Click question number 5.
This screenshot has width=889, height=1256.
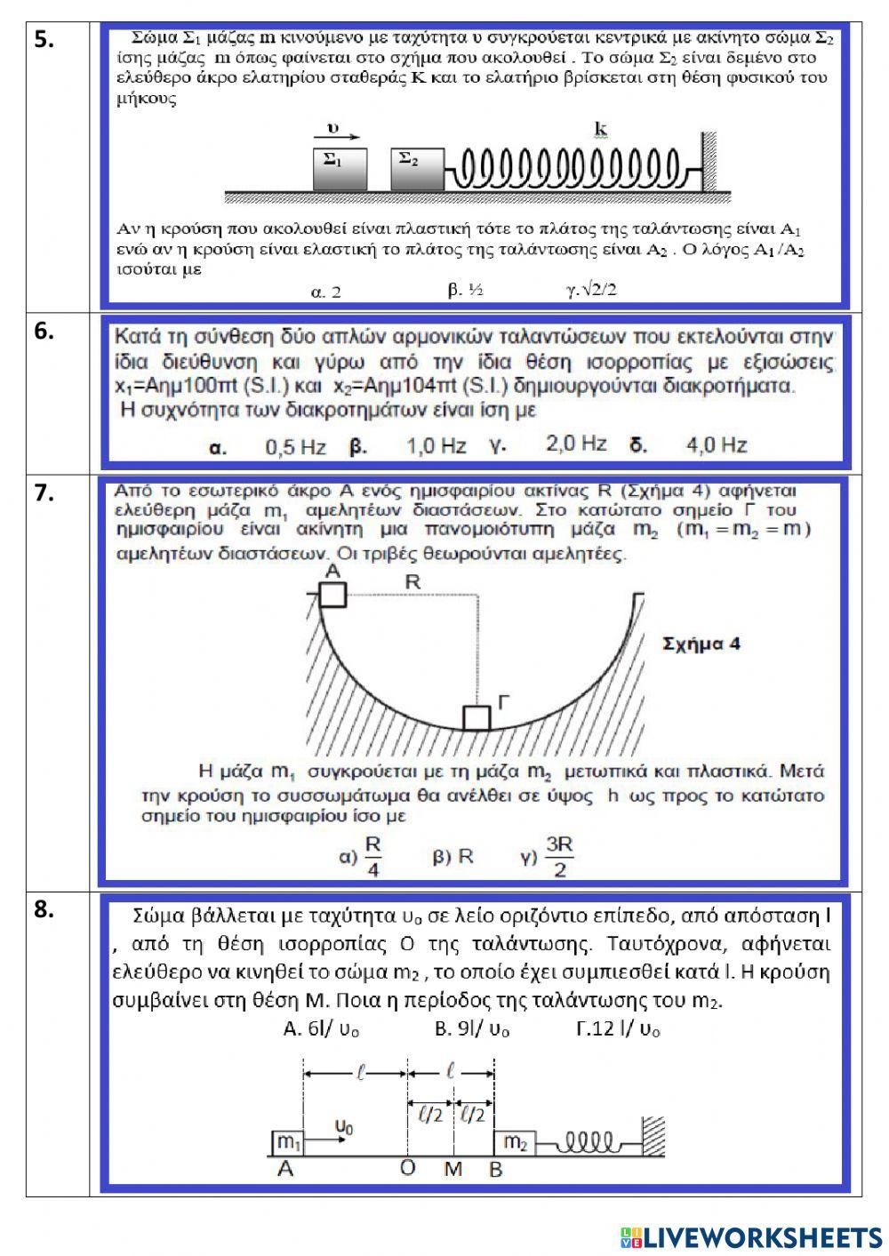44,39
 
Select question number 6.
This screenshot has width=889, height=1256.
44,331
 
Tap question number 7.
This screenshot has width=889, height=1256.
44,494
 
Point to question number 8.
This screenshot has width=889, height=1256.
44,909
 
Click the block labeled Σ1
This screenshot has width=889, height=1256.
340,169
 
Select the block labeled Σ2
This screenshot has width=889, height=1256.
417,169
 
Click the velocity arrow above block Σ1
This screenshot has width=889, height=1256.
337,137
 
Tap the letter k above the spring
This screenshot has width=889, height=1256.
601,131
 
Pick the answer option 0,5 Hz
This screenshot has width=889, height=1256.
295,446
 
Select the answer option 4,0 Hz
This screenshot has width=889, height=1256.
716,444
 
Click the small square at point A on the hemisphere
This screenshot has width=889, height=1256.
332,594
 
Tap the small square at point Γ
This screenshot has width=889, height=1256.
477,717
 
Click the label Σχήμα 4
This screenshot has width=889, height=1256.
701,644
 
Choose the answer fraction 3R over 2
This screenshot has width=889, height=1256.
559,857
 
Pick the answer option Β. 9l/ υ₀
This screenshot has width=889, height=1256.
472,1029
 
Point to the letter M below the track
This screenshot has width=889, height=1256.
453,1169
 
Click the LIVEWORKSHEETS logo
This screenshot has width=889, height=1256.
751,1236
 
